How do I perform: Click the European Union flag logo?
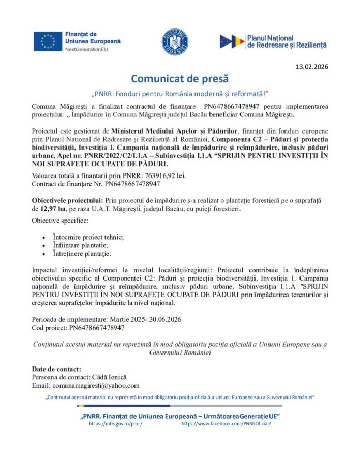click(x=48, y=41)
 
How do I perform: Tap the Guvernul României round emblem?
click(x=175, y=42)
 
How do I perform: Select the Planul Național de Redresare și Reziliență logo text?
click(x=287, y=41)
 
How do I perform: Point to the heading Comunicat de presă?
click(x=179, y=79)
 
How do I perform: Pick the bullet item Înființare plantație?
click(x=80, y=245)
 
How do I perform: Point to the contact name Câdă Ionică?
click(x=109, y=377)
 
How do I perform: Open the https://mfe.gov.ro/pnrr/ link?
click(x=115, y=423)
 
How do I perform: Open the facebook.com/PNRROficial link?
click(x=226, y=423)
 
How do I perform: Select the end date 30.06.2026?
click(x=164, y=319)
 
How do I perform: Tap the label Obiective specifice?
click(x=60, y=221)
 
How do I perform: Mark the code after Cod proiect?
click(x=97, y=328)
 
